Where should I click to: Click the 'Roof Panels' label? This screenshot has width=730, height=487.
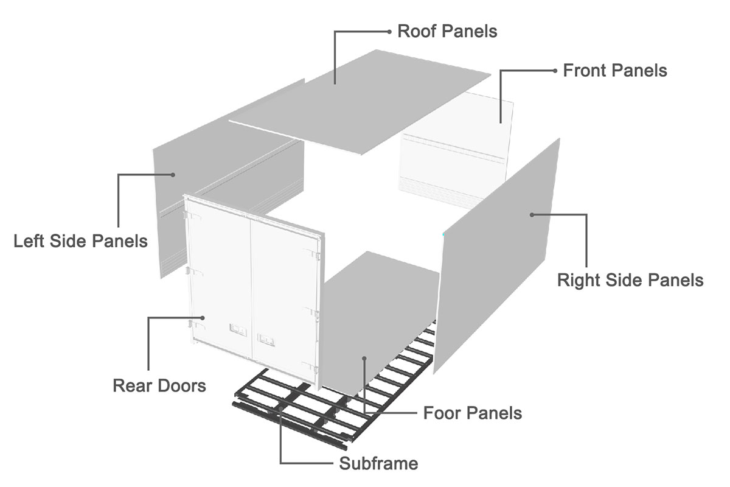pos(447,31)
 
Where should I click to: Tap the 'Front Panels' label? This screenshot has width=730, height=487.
pos(614,71)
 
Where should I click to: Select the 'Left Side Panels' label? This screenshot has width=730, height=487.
pos(80,241)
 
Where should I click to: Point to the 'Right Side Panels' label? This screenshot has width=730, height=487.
pos(630,280)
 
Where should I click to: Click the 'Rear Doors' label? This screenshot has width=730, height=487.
pos(159,385)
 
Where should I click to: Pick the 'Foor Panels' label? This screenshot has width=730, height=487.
pos(472,413)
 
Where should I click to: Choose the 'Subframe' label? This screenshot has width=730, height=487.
pos(378,464)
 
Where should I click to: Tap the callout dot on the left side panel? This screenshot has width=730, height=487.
pos(173,175)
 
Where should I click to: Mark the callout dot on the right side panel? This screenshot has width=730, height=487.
pos(532,214)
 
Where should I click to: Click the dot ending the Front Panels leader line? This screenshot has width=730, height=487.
pos(554,71)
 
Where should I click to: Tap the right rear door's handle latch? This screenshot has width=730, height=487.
pos(266,335)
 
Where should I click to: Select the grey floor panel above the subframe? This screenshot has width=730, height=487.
pos(377,317)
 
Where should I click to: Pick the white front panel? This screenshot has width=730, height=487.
pos(453,152)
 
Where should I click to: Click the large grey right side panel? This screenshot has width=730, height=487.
pos(499,256)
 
